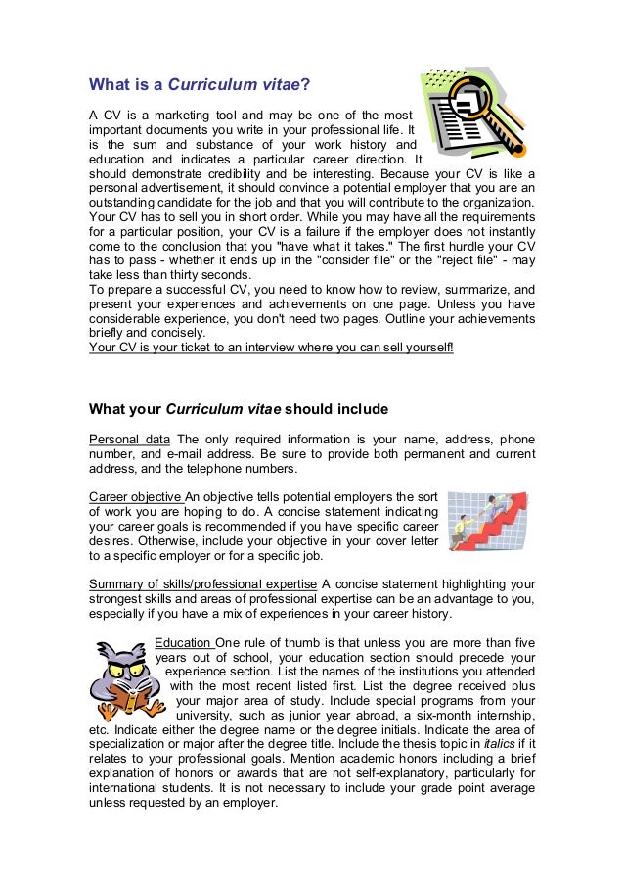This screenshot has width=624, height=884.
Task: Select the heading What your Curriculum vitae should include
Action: pos(239,408)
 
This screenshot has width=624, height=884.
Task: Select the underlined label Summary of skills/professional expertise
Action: pos(202,584)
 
